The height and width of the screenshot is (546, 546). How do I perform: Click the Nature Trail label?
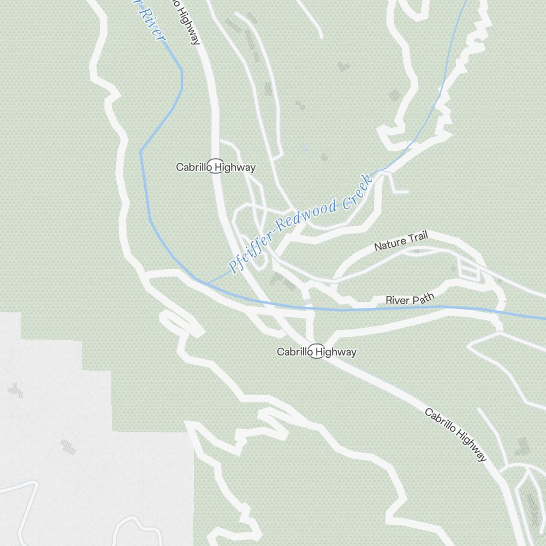(401, 241)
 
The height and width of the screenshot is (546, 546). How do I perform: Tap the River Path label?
(410, 299)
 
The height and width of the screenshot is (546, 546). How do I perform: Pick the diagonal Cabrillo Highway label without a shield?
(456, 435)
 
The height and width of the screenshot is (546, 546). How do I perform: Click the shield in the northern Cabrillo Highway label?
(216, 167)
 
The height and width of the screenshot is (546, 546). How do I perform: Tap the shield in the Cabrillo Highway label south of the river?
(317, 352)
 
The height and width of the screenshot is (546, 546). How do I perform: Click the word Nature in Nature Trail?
(389, 244)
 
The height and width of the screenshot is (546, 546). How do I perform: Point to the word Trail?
(417, 237)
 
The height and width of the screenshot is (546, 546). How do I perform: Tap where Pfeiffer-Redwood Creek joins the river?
(207, 283)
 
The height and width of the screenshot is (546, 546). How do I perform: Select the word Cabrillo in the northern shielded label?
(194, 167)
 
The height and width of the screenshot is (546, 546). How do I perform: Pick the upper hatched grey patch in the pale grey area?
(15, 390)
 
